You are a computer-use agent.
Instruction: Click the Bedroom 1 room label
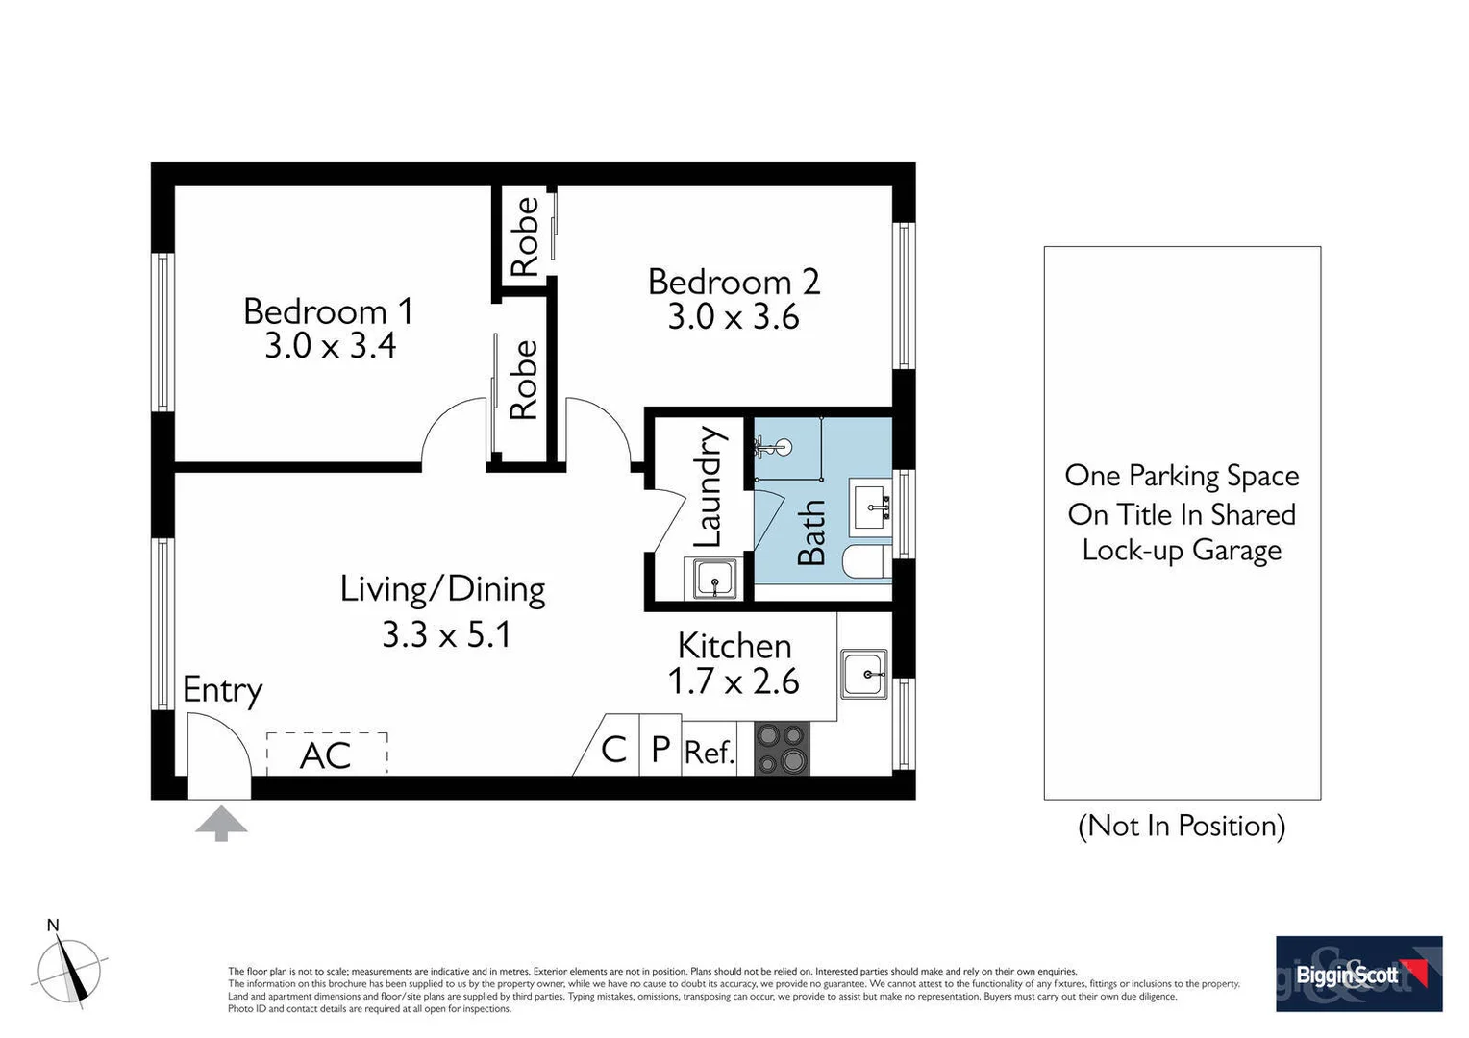328,310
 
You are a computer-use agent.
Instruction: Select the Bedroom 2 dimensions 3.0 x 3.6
733,316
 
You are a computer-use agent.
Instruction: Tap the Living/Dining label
442,588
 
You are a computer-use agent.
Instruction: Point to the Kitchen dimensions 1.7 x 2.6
733,681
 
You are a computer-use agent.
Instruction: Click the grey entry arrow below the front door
221,824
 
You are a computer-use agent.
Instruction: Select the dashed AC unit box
327,754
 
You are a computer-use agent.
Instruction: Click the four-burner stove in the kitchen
782,749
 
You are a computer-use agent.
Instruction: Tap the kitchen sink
863,674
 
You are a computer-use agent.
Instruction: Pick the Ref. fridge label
709,752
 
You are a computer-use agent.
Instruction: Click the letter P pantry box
660,748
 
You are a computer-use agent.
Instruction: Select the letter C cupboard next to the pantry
613,748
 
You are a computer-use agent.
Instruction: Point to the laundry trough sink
713,579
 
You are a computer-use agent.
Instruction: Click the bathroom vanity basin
873,506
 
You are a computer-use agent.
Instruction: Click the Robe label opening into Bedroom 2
524,236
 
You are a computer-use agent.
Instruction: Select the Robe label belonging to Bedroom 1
522,381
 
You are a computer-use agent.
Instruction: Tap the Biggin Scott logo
1357,974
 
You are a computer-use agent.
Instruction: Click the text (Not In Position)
1182,826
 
